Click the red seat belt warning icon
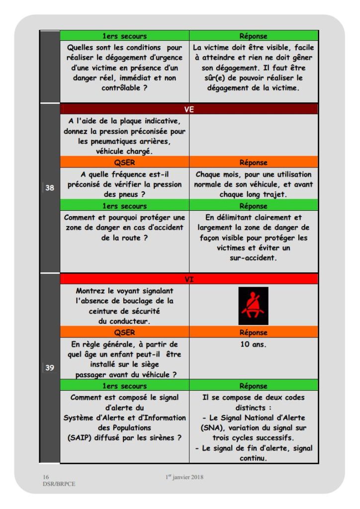[253, 306]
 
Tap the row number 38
[50, 188]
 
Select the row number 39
[50, 368]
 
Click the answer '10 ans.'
[253, 344]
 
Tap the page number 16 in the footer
[46, 477]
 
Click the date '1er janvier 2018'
[184, 477]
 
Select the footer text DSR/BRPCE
[56, 484]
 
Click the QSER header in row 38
[124, 162]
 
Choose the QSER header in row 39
[124, 333]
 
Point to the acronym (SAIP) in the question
[82, 437]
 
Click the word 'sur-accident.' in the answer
[253, 258]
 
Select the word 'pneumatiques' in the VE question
[106, 142]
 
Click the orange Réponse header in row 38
[253, 162]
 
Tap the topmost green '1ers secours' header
[124, 36]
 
